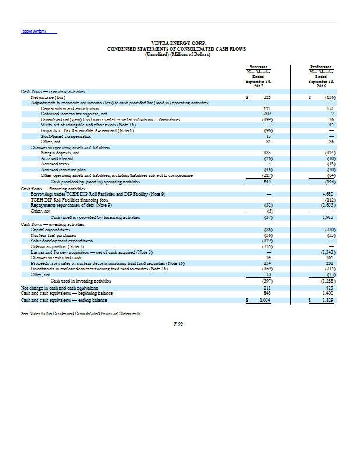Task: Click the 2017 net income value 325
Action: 268,97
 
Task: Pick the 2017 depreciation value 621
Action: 268,109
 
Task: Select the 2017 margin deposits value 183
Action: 268,152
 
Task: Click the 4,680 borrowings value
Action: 328,193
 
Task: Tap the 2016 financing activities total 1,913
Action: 328,217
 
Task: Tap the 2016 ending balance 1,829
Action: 328,300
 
